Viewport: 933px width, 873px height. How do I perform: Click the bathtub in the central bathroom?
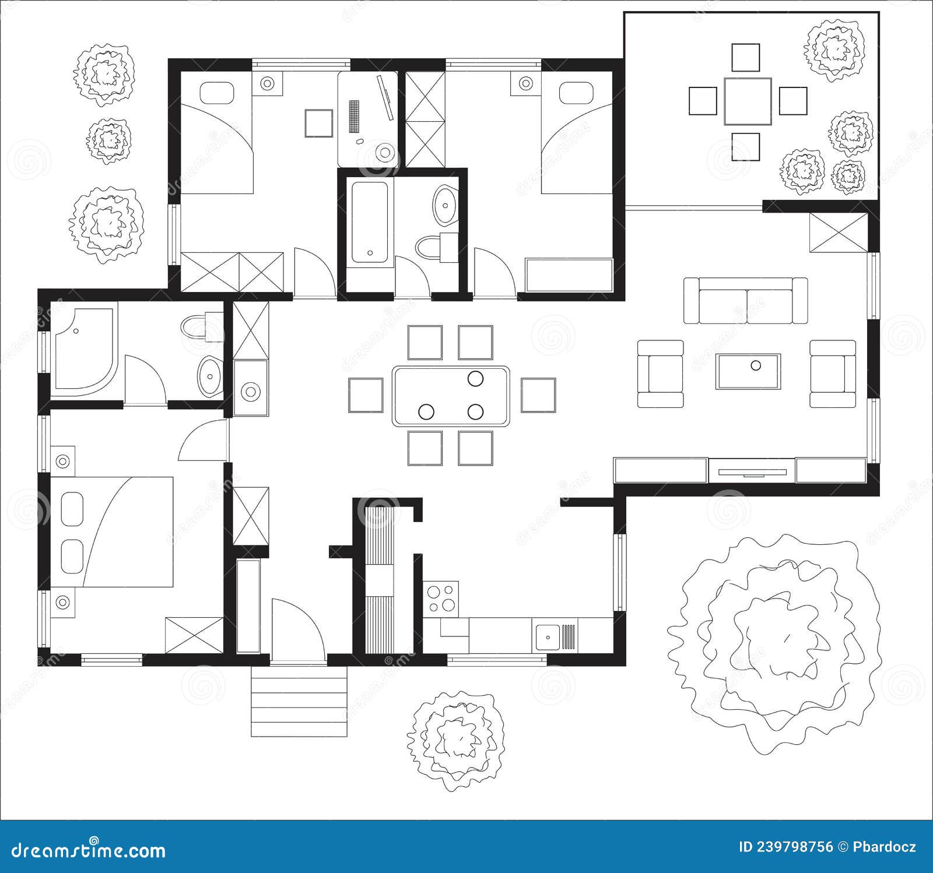click(x=370, y=222)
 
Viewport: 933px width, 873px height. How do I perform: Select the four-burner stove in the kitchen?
click(x=441, y=599)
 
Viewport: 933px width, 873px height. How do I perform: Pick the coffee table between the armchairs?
click(x=748, y=371)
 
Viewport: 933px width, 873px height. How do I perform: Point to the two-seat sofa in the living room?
click(x=746, y=300)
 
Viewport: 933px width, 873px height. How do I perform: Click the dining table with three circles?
click(x=451, y=396)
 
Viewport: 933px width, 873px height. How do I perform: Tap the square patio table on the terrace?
click(x=748, y=101)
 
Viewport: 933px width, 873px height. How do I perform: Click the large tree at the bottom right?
click(x=776, y=641)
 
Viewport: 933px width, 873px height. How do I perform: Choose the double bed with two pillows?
click(x=114, y=531)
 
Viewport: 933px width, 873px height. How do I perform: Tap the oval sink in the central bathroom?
click(x=446, y=205)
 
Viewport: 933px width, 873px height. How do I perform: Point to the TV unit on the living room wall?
click(x=752, y=470)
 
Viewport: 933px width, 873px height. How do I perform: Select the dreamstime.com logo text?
click(x=89, y=850)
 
